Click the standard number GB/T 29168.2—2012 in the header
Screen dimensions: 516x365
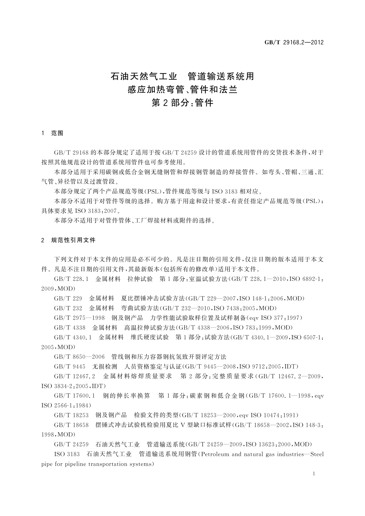pos(294,43)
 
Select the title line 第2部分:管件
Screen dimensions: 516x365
pos(182,103)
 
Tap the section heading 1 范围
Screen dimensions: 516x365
pos(52,133)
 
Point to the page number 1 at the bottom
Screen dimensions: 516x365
pos(314,474)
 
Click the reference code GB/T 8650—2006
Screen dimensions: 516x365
pos(79,357)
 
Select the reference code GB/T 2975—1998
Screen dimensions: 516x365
pos(79,318)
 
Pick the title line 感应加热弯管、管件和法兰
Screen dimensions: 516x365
pos(182,89)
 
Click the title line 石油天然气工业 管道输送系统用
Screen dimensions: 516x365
pos(182,76)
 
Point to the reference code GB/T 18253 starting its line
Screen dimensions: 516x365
pos(71,415)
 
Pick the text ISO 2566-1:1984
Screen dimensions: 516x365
pos(66,405)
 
